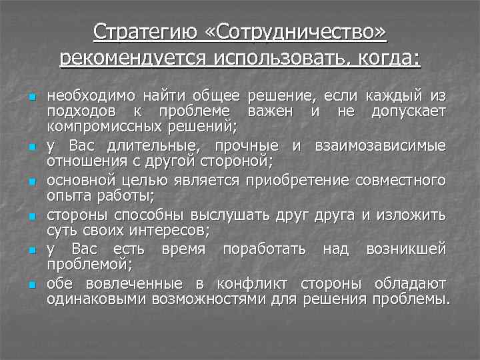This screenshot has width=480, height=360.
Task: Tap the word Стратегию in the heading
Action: [x=141, y=31]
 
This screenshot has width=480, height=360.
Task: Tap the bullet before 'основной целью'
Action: [x=31, y=181]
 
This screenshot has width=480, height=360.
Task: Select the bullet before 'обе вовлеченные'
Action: [x=31, y=285]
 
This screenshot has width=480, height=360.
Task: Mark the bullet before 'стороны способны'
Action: [x=31, y=216]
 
